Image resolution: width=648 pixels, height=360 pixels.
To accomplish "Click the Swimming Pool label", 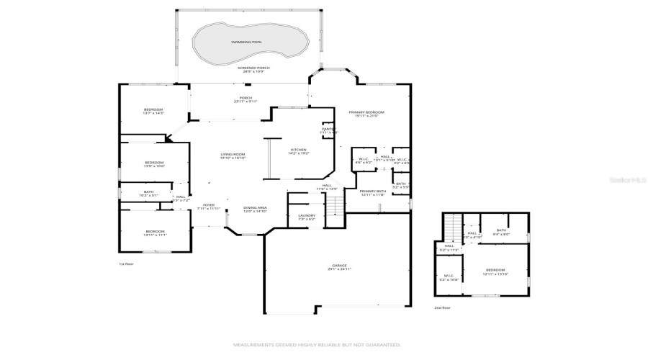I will pyautogui.click(x=246, y=42).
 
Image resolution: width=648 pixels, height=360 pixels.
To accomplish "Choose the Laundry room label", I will pyautogui.click(x=306, y=215).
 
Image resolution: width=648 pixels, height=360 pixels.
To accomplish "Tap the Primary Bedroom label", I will pyautogui.click(x=366, y=112).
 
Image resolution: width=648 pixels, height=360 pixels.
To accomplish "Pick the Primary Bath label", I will pyautogui.click(x=373, y=191).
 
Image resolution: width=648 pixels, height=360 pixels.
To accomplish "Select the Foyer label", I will pyautogui.click(x=208, y=205).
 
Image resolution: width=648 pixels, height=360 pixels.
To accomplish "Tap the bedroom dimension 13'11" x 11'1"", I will pyautogui.click(x=155, y=235).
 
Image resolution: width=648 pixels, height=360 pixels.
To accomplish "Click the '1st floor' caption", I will pyautogui.click(x=127, y=264).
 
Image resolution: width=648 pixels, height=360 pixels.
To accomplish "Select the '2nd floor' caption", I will pyautogui.click(x=442, y=307).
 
